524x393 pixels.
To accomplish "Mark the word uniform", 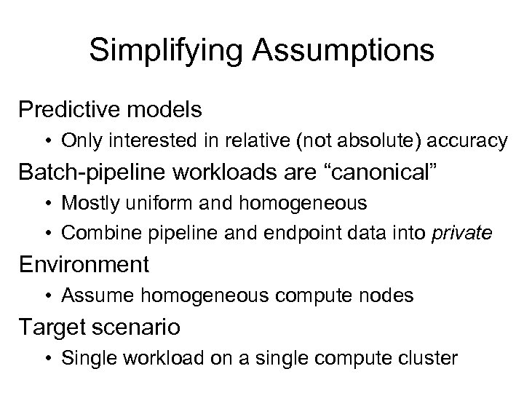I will click(148, 202).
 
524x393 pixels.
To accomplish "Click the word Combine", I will click(94, 232).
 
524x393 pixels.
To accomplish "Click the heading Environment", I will click(84, 263).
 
